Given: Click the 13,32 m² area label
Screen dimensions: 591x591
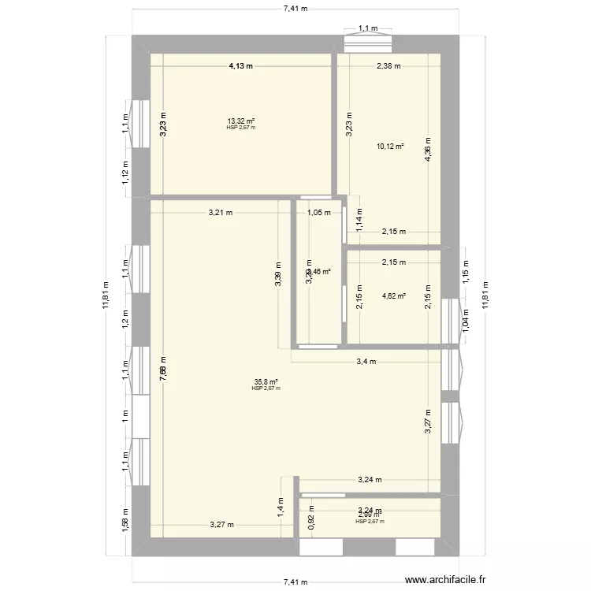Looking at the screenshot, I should pyautogui.click(x=241, y=121).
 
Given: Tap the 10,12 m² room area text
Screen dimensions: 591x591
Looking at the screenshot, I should pyautogui.click(x=390, y=146).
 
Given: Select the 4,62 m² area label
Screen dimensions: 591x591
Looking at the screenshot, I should pyautogui.click(x=393, y=296).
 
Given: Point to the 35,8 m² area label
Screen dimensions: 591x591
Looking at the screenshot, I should pyautogui.click(x=266, y=381).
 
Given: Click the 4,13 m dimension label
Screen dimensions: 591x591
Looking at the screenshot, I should pyautogui.click(x=241, y=66).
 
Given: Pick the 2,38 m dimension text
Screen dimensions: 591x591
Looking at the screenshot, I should pyautogui.click(x=388, y=66).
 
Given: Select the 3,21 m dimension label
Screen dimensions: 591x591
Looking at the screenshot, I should pyautogui.click(x=221, y=212).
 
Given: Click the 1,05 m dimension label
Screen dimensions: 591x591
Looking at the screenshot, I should pyautogui.click(x=318, y=212).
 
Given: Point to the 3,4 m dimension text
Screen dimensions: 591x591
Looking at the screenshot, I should pyautogui.click(x=367, y=362).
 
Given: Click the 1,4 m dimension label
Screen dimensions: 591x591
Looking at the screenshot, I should pyautogui.click(x=281, y=506).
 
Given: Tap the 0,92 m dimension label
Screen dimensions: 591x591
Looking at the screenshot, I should pyautogui.click(x=311, y=520).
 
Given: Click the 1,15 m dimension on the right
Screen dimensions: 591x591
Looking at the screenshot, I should pyautogui.click(x=465, y=273).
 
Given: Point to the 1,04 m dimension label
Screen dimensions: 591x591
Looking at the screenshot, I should pyautogui.click(x=465, y=318).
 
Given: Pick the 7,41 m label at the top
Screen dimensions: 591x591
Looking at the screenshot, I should pyautogui.click(x=295, y=8).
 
